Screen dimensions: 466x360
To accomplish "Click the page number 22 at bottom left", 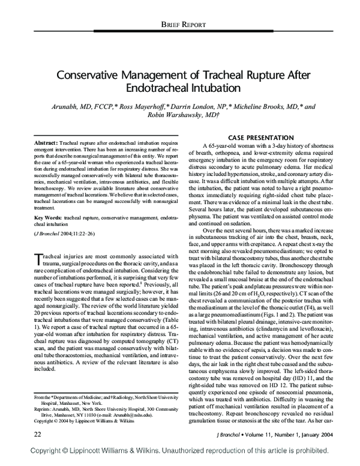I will click(x=21, y=433).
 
